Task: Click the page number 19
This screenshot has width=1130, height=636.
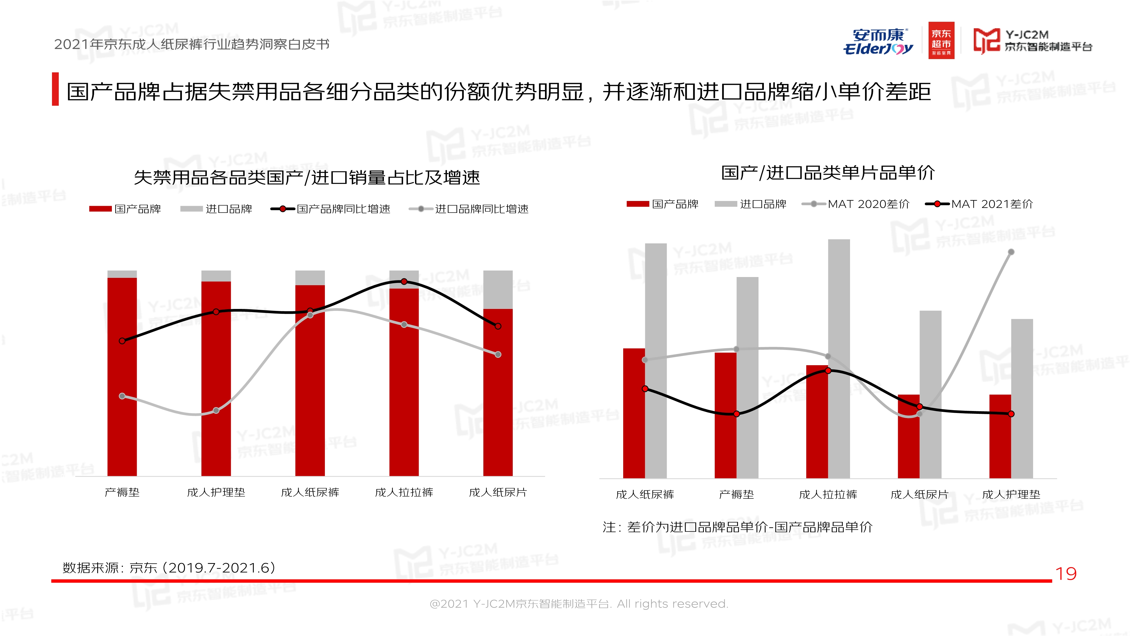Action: [x=1066, y=574]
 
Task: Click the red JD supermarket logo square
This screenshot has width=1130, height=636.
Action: [x=941, y=40]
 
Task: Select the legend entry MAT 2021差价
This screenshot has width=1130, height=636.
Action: [x=979, y=204]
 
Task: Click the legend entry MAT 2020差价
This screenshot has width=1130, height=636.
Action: [x=856, y=204]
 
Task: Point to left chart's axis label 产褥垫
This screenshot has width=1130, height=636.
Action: [x=122, y=492]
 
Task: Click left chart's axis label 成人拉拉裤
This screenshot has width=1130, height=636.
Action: [x=404, y=492]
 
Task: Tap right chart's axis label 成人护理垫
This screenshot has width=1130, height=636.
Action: [x=1011, y=495]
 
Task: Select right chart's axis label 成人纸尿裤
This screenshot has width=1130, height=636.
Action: [x=645, y=495]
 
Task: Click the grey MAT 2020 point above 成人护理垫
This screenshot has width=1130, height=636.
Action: [x=1011, y=252]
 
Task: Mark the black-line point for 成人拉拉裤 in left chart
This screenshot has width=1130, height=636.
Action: [x=404, y=281]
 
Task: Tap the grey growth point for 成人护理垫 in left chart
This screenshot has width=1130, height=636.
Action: [x=216, y=410]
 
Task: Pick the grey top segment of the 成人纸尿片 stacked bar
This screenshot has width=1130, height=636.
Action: [x=498, y=290]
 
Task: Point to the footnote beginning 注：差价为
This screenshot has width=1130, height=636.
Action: [x=737, y=527]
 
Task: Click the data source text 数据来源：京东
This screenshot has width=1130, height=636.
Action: [x=169, y=568]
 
